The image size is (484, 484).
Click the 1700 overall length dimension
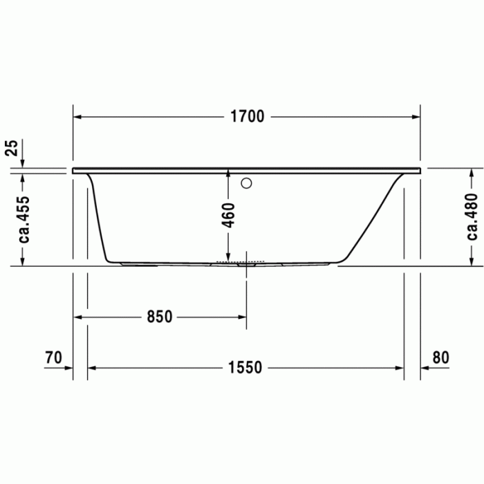tap(247, 117)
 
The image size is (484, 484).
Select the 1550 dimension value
tap(245, 368)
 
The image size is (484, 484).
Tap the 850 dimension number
tap(159, 317)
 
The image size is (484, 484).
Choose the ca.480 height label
tap(473, 216)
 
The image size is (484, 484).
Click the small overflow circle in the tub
tap(247, 184)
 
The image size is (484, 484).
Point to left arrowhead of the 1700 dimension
tap(78, 117)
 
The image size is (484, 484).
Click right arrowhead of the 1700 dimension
tap(416, 117)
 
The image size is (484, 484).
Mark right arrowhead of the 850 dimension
tap(241, 317)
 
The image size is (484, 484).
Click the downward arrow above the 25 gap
tap(23, 160)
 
